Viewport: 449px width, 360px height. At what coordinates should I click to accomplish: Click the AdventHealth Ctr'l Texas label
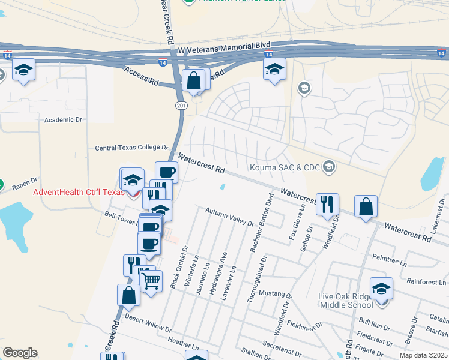[x=79, y=192]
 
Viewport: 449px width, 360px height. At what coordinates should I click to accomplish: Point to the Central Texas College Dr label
[x=131, y=148]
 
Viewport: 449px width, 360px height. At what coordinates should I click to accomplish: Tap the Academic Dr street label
[x=63, y=120]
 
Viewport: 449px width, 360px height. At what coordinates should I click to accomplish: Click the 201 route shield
[x=182, y=106]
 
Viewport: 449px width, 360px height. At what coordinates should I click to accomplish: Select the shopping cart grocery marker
[x=151, y=280]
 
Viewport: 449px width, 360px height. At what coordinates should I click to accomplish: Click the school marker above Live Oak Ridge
[x=381, y=287]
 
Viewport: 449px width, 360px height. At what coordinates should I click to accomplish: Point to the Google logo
[x=20, y=353]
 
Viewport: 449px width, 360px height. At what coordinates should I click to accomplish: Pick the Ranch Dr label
[x=25, y=182]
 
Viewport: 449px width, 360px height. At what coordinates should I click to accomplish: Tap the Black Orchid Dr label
[x=177, y=266]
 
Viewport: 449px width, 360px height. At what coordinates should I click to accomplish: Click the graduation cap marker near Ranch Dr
[x=133, y=179]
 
